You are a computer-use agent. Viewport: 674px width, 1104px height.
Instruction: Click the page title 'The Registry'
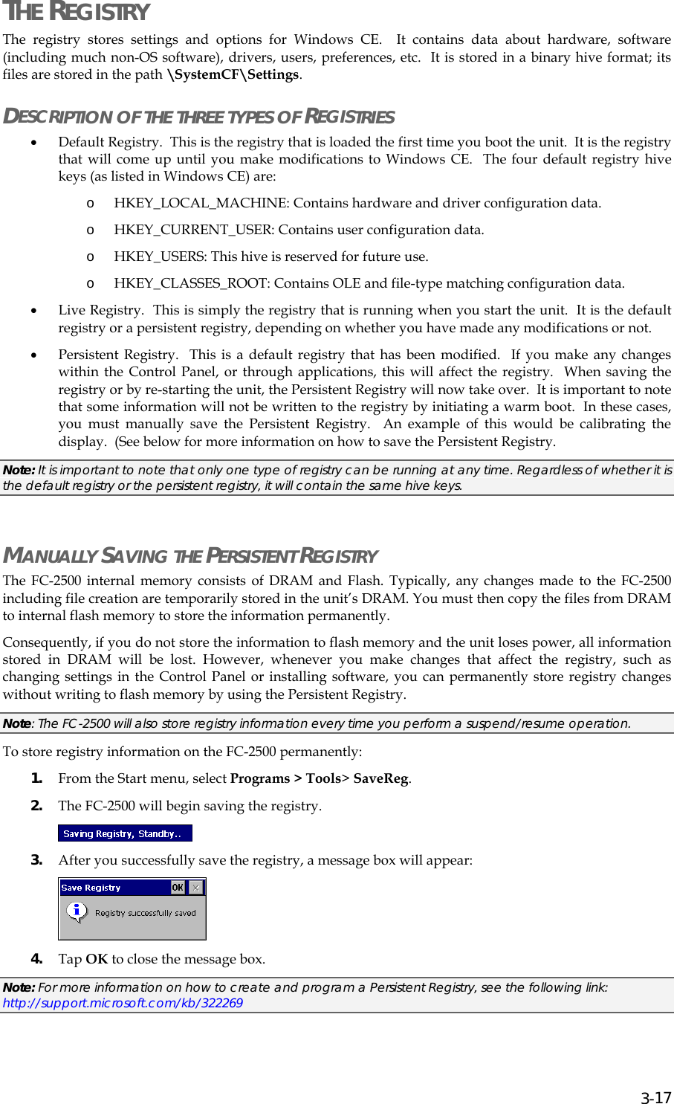click(76, 13)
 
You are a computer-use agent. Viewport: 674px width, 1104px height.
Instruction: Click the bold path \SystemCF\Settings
click(233, 75)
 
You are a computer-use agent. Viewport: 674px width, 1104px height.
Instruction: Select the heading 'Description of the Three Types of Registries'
click(198, 117)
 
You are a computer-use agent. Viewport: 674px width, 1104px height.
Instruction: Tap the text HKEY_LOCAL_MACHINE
click(201, 204)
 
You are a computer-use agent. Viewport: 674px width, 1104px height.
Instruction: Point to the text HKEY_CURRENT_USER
click(194, 230)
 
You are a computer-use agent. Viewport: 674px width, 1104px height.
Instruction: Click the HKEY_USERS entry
click(160, 257)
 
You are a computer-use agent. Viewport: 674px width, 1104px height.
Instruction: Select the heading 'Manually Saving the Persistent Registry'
click(190, 556)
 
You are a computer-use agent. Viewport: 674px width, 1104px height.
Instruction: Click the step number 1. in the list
click(36, 778)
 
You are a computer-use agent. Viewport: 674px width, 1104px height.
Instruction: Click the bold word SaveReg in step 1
click(380, 779)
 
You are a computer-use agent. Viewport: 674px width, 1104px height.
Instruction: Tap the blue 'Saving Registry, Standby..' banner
click(125, 834)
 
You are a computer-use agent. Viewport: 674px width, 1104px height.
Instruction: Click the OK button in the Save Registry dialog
click(178, 888)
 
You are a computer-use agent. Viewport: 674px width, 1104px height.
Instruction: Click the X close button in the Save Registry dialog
click(195, 888)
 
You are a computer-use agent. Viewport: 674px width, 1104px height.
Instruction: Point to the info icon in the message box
click(77, 911)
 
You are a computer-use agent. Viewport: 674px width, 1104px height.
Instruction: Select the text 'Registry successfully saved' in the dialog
click(145, 913)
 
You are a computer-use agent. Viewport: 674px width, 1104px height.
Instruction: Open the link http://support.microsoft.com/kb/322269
click(123, 1004)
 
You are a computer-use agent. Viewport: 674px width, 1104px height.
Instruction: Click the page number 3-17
click(656, 1098)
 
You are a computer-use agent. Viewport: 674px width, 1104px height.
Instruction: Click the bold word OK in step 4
click(97, 960)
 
